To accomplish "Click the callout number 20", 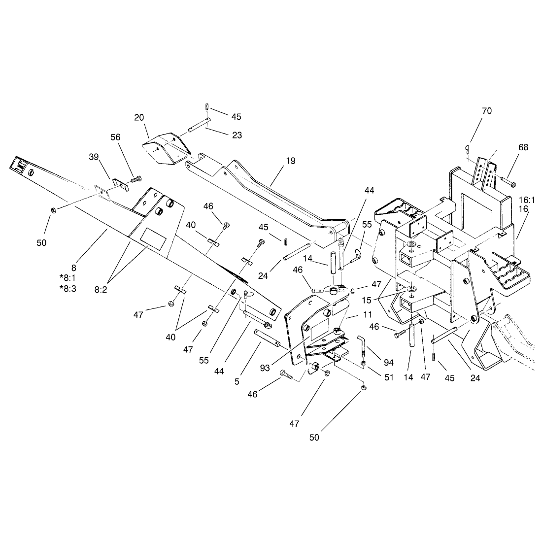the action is [139, 118].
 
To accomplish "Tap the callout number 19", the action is [291, 161].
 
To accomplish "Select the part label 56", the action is [115, 137].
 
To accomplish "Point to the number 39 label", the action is [94, 157].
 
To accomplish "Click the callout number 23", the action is [237, 135].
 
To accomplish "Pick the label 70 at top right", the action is [487, 111].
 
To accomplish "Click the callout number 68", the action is [523, 147].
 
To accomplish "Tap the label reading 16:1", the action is [527, 200].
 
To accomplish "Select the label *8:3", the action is [68, 288].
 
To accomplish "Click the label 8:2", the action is [101, 290].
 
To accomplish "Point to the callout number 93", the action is [265, 368].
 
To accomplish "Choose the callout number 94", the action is [389, 363].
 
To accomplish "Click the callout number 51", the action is [389, 377].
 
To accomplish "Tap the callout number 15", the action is [367, 301].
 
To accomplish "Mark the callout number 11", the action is [368, 314].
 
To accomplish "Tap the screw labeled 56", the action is [135, 180].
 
